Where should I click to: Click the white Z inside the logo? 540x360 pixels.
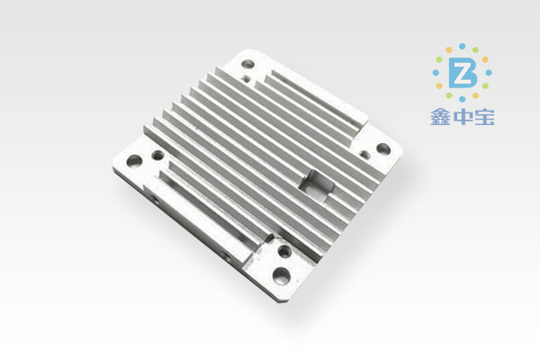(463, 76)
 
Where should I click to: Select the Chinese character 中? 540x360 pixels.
(463, 118)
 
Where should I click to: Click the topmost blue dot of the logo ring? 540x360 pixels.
(463, 47)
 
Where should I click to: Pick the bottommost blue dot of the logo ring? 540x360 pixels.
(463, 99)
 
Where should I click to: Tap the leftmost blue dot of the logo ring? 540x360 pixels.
(436, 73)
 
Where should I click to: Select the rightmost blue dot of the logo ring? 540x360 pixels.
(489, 73)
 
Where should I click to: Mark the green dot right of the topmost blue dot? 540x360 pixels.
(475, 50)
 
